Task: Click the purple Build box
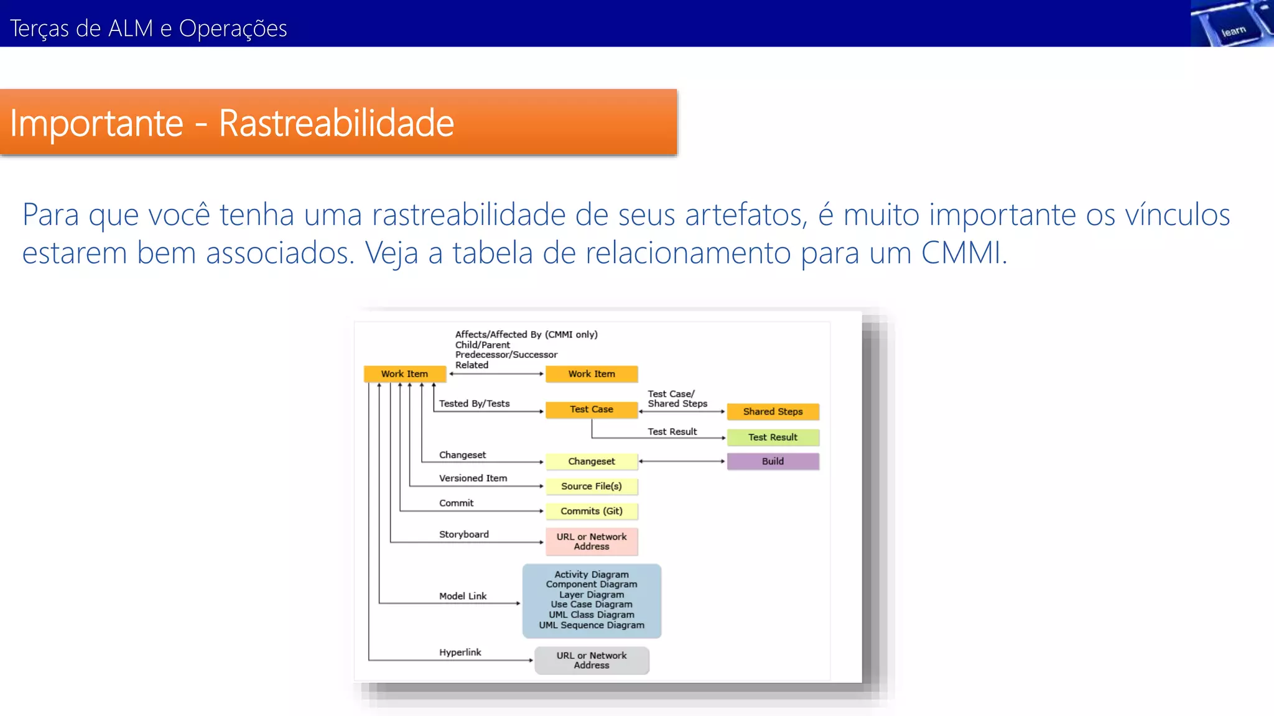pos(773,461)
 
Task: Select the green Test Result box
pos(773,437)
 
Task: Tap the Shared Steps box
pos(773,411)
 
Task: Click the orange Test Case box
pos(591,410)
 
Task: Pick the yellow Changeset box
pos(591,461)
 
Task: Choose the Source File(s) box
pos(591,486)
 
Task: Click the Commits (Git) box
pos(591,511)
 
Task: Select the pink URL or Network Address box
pos(591,541)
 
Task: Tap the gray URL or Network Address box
pos(591,660)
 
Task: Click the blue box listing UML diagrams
pos(591,600)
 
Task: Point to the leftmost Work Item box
pos(404,374)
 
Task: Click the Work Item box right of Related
pos(591,374)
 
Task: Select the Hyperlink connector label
pos(460,652)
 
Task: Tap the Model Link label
pos(463,596)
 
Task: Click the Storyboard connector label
pos(463,534)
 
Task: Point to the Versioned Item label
pos(473,478)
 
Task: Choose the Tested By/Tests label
pos(474,403)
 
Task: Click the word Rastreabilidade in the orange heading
pos(336,123)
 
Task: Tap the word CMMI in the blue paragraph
pos(962,253)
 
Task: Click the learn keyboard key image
pos(1232,25)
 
